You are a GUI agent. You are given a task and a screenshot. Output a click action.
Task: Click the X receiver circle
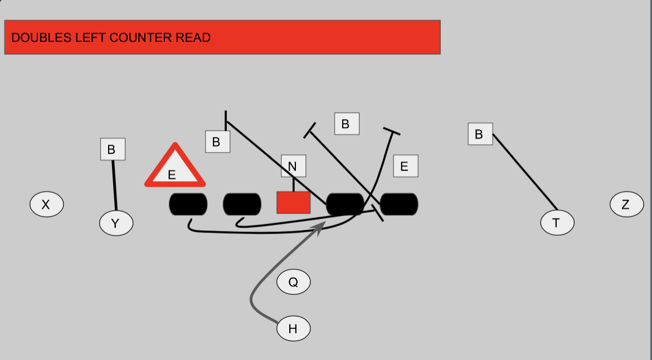point(46,205)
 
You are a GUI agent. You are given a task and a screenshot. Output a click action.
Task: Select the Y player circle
point(116,223)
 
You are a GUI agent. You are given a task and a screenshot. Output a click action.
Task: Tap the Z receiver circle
point(626,205)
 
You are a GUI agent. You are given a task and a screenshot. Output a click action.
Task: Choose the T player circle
point(557,223)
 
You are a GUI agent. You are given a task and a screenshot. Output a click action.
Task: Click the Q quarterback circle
point(293,283)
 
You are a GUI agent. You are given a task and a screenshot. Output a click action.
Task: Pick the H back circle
point(293,329)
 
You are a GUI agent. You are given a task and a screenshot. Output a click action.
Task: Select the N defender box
point(293,166)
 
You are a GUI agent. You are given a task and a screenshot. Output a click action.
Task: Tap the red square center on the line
point(293,202)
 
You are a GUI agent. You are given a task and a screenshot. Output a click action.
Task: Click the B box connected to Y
point(113,149)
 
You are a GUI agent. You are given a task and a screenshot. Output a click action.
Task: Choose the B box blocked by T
point(480,134)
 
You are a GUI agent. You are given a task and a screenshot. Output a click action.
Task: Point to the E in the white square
point(405,166)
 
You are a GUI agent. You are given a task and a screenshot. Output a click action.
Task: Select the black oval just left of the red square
point(242,204)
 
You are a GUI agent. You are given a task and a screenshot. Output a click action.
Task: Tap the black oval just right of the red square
point(345,204)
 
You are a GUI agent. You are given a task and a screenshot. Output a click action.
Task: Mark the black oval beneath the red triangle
point(188,204)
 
